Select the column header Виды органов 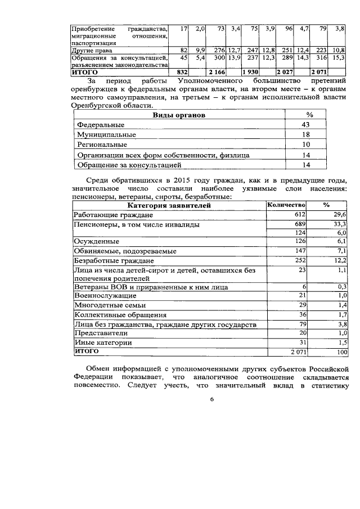(x=179, y=115)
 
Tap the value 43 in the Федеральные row (x=307, y=124)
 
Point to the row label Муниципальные (x=106, y=134)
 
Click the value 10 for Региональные (x=307, y=145)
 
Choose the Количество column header (x=286, y=205)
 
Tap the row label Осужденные (x=97, y=241)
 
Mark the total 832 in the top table (x=181, y=73)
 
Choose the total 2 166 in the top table (x=217, y=73)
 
